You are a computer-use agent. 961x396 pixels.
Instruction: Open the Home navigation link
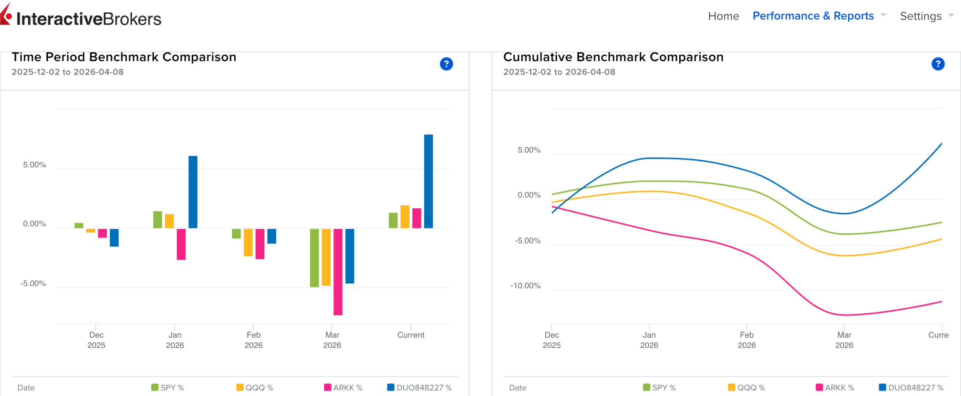click(723, 16)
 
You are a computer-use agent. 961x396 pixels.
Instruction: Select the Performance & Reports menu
click(813, 16)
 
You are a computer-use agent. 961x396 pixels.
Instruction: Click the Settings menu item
click(921, 16)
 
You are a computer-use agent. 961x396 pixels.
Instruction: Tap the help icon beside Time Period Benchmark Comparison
click(446, 64)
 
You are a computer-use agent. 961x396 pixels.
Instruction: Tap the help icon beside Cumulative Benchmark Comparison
click(937, 64)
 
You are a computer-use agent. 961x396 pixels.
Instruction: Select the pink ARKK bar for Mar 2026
click(338, 272)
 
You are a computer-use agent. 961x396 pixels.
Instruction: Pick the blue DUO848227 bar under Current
click(428, 181)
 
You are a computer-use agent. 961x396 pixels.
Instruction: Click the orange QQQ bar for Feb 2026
click(248, 242)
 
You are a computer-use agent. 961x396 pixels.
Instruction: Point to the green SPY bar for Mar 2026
click(314, 257)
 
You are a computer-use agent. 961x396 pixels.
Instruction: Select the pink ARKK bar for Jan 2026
click(181, 244)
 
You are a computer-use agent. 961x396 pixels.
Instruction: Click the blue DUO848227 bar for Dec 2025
click(114, 237)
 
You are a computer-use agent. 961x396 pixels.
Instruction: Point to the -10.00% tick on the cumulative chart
click(525, 286)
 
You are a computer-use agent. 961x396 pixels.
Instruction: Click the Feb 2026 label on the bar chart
click(253, 340)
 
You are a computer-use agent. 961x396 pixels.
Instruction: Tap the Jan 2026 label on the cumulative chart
click(649, 340)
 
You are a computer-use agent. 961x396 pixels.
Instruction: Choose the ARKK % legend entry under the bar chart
click(343, 388)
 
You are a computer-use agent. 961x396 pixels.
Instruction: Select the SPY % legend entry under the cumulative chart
click(659, 388)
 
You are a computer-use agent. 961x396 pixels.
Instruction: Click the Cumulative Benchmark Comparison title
click(613, 57)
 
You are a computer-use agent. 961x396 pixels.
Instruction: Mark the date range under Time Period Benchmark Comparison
click(67, 72)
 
